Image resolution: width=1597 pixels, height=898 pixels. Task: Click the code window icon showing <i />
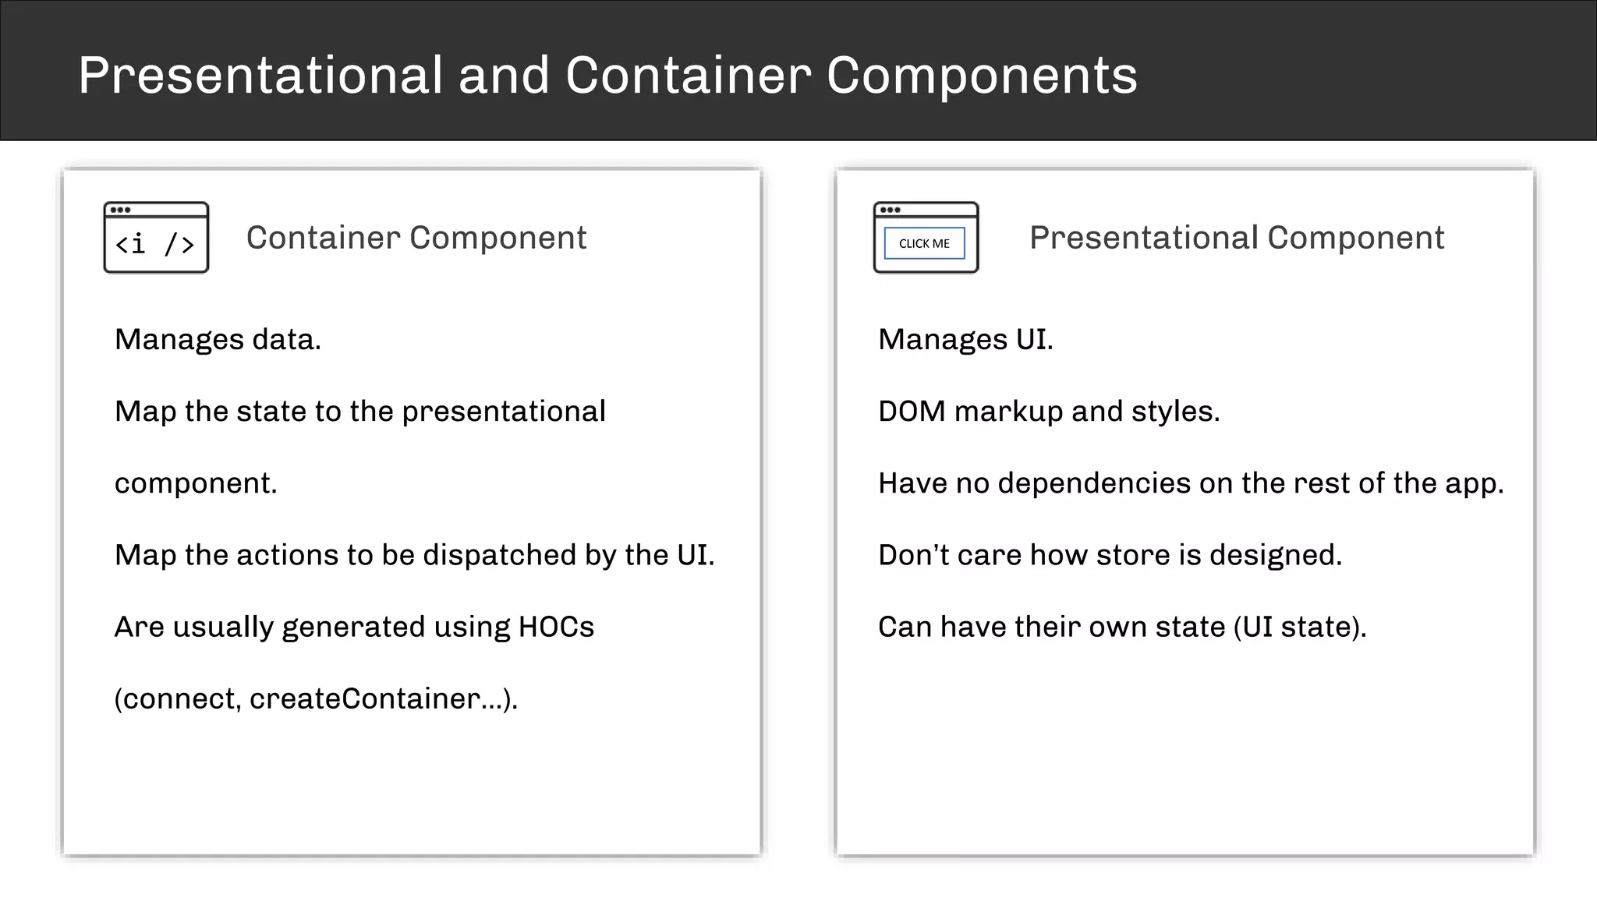pos(156,238)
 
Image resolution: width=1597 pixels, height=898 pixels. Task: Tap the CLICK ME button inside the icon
pos(924,243)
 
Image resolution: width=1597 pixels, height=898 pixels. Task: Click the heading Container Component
pos(416,238)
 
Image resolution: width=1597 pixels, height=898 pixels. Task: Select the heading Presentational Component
pos(1236,238)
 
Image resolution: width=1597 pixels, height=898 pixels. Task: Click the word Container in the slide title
pos(688,76)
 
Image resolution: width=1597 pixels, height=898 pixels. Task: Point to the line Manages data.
pos(218,340)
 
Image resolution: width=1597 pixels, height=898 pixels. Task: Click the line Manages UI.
pos(965,340)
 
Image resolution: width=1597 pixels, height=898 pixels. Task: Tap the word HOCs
pos(555,627)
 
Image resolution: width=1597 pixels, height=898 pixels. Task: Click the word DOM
pos(911,412)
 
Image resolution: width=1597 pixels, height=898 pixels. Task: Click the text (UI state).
pos(1299,627)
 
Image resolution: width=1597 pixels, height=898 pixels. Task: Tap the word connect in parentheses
pos(179,698)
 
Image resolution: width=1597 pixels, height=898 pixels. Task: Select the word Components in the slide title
pos(981,76)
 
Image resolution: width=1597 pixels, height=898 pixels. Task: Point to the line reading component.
pos(195,483)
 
